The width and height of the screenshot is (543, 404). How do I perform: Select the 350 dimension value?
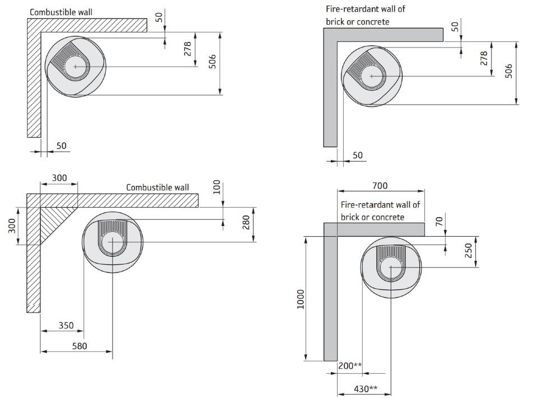point(66,325)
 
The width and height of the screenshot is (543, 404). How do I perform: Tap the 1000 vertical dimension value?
point(300,300)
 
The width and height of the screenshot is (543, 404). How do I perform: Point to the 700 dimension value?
point(380,186)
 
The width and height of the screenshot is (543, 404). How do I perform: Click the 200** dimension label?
point(350,366)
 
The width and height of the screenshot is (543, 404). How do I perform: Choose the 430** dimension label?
point(366,388)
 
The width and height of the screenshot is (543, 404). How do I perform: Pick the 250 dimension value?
point(469,250)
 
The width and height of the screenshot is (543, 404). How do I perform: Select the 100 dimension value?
point(217,187)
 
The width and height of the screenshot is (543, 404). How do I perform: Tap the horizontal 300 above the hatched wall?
point(59,178)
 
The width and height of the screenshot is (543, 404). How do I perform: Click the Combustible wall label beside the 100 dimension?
point(157,187)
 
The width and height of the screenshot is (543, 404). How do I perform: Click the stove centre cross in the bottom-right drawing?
point(390,267)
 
